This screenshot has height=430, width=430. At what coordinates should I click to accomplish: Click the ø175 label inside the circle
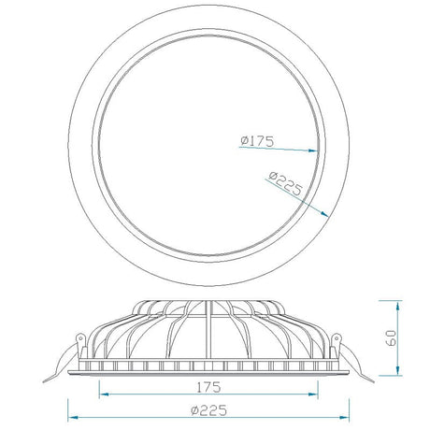(257, 141)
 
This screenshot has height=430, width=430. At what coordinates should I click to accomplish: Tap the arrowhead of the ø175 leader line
(313, 150)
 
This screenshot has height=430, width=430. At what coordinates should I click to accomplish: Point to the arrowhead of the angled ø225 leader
(324, 213)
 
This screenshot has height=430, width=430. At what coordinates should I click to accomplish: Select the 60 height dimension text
(391, 337)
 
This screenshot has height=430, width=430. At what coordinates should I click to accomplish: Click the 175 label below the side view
(208, 387)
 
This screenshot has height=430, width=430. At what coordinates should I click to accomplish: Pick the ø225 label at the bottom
(208, 410)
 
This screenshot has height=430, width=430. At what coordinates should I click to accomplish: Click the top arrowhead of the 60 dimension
(397, 306)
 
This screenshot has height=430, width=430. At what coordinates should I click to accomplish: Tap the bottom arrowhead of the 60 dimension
(397, 370)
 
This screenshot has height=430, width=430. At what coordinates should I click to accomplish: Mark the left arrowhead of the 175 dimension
(104, 394)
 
